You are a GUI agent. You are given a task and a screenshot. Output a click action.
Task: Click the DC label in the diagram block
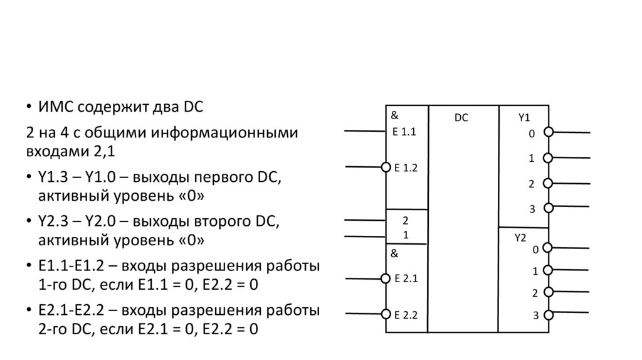point(461,117)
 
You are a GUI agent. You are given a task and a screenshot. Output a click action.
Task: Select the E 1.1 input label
point(404,132)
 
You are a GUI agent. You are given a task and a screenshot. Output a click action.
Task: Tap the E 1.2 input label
point(405,167)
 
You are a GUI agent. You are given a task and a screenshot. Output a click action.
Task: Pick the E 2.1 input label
point(406,278)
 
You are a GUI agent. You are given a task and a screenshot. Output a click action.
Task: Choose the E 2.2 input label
point(406,314)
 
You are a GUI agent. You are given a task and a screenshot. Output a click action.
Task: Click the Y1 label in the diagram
point(524,117)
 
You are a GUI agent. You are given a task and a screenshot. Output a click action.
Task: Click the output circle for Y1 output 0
point(548,132)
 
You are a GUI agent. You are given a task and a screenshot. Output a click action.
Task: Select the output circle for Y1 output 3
point(548,208)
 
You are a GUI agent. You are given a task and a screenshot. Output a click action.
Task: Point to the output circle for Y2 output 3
point(548,314)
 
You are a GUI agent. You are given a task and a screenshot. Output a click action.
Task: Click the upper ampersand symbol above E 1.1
point(395,115)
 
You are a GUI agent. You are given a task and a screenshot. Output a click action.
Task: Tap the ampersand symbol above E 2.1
point(395,254)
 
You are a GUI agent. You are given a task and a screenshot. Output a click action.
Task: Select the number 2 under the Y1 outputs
point(530,184)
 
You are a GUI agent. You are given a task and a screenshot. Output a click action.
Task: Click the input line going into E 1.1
point(364,131)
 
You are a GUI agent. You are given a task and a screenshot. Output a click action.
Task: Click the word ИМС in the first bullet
point(58,107)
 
